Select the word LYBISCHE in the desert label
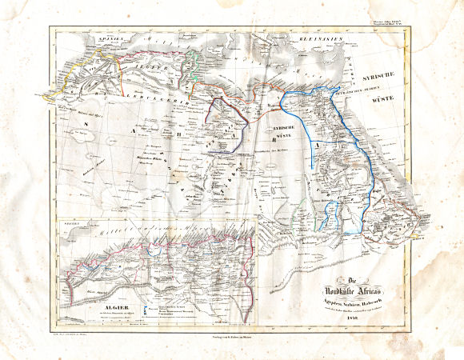[x=283, y=128]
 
